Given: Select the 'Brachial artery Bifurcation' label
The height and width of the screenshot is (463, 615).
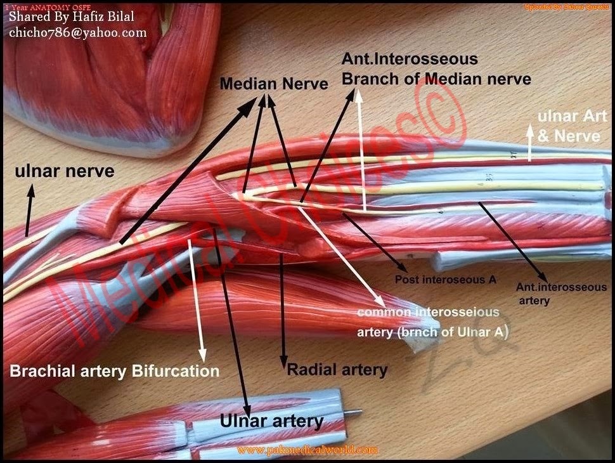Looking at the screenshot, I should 114,370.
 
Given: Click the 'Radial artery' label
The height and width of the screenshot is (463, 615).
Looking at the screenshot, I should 337,369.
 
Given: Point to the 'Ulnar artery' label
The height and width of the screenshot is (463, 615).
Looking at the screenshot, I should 271,421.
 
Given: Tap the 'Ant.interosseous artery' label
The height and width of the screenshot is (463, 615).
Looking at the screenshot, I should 561,294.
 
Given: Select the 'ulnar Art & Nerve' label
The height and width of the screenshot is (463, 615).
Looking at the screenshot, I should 568,126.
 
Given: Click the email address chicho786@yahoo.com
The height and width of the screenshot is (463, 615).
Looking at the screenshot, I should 77,32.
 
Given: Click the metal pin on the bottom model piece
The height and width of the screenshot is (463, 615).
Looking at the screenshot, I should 354,413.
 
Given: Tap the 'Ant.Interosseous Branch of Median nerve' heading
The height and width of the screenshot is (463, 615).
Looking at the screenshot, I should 436,70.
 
